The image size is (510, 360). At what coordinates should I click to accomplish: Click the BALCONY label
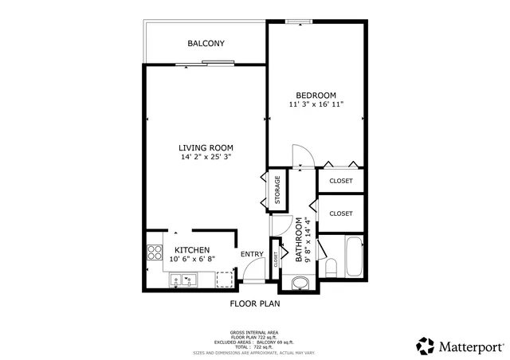(x=206, y=43)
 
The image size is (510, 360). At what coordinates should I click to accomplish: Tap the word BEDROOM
(x=316, y=95)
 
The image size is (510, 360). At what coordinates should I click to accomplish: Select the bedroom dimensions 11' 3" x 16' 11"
(x=316, y=104)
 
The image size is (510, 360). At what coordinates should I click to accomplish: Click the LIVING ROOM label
(x=206, y=147)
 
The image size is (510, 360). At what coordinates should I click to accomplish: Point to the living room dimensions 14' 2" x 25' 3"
(x=206, y=157)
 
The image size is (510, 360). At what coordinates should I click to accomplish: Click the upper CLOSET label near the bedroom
(x=341, y=181)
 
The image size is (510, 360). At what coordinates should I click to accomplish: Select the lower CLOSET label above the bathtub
(x=341, y=213)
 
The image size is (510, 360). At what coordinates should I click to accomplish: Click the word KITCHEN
(x=192, y=249)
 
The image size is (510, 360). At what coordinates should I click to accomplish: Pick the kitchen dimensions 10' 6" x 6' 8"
(x=192, y=259)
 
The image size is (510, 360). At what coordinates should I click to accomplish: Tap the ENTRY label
(x=252, y=254)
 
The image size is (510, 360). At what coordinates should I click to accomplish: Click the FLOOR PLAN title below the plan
(x=255, y=303)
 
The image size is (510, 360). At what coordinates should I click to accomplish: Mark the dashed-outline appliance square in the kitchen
(x=226, y=279)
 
